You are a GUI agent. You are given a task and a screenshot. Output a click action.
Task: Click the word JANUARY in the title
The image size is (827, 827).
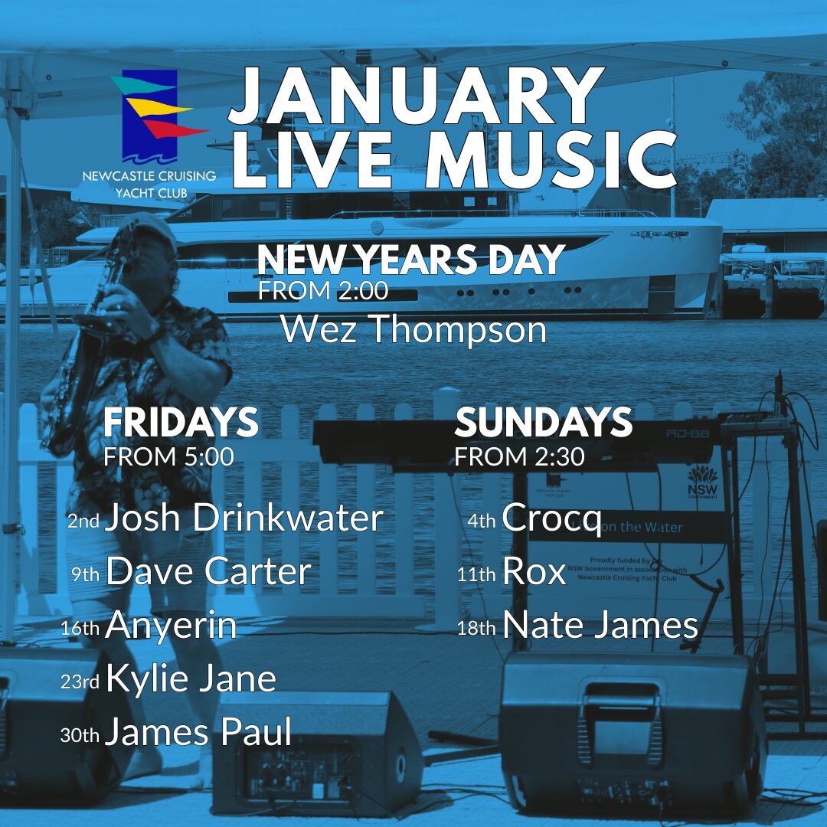tap(416, 95)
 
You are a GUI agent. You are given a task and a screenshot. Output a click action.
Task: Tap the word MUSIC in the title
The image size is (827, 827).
tap(551, 159)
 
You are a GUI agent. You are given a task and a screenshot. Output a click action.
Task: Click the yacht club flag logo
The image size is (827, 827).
tap(159, 116)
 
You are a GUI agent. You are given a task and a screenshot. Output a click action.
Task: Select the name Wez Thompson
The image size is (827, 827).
tap(413, 329)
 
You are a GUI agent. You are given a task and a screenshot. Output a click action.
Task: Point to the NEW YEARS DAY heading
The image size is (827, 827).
tap(411, 260)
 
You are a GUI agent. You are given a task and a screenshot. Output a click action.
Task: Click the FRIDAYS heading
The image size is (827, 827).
tap(181, 422)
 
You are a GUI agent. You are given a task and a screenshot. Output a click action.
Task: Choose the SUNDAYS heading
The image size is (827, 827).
tap(543, 422)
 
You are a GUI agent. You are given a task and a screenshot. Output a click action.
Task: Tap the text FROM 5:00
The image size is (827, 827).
tap(168, 456)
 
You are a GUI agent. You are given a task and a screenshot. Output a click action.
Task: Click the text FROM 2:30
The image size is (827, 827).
tap(519, 456)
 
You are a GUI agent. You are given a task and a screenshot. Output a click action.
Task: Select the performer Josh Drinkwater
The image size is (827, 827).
tap(244, 518)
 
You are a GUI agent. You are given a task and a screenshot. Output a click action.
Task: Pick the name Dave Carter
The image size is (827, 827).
tap(208, 571)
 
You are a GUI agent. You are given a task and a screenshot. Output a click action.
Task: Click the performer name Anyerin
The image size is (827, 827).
tap(171, 626)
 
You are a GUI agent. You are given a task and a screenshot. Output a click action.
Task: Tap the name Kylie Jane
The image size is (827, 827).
tap(191, 678)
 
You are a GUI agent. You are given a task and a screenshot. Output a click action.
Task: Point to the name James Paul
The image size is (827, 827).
tap(198, 732)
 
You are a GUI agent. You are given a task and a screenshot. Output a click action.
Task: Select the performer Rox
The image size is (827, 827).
tap(534, 571)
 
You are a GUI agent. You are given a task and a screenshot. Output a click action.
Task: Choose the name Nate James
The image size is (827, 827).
tap(600, 626)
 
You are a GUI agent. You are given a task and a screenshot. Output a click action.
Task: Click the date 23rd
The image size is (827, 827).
tap(80, 682)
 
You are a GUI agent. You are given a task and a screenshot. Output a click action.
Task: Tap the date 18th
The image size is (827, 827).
tap(476, 628)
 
